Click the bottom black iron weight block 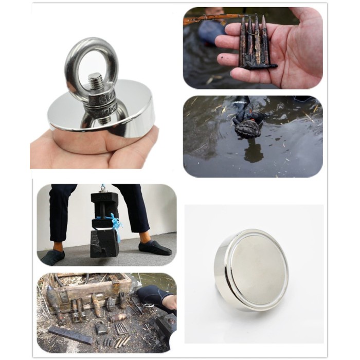(105, 243)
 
